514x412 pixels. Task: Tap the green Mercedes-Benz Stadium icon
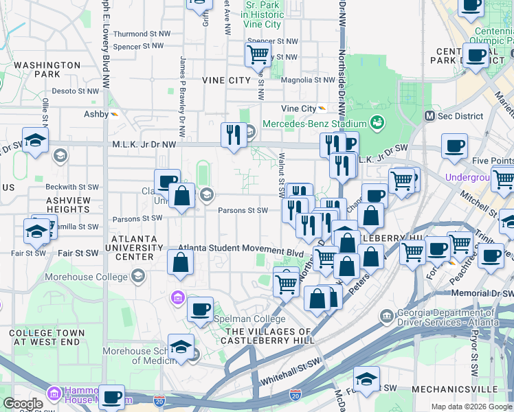click(x=377, y=123)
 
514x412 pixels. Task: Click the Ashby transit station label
click(x=96, y=114)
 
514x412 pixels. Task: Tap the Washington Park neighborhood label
click(x=47, y=69)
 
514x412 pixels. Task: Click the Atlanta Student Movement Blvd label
click(x=241, y=252)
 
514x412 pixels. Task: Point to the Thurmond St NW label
click(x=139, y=34)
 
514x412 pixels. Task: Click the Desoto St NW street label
click(x=76, y=91)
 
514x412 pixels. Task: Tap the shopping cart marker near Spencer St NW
click(x=257, y=54)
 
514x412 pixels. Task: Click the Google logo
click(x=23, y=404)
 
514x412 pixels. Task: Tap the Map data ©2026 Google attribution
click(x=471, y=407)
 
